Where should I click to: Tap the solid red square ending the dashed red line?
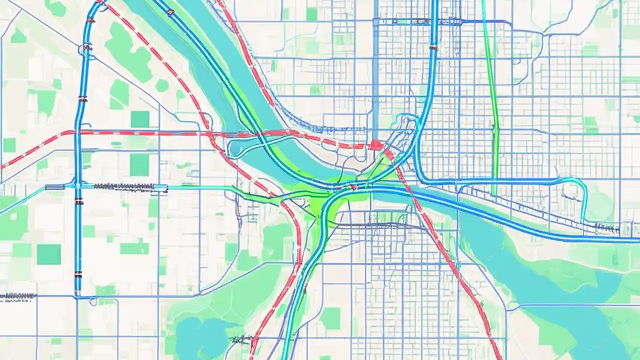(375, 145)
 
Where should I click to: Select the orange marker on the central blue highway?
(433, 48)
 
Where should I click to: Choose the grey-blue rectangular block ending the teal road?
(54, 187)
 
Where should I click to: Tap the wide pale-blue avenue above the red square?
(375, 75)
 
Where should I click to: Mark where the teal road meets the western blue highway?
(78, 186)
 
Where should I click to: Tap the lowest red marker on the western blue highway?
(78, 274)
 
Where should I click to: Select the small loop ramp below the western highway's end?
(93, 300)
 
